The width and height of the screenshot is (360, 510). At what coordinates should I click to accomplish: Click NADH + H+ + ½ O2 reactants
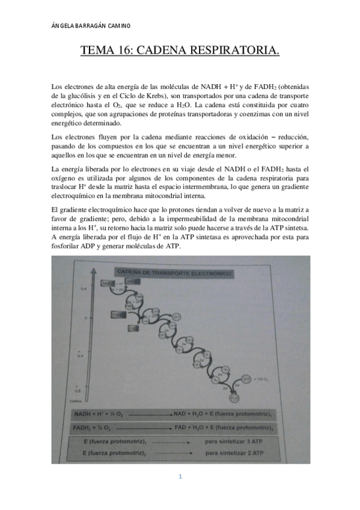(x=100, y=414)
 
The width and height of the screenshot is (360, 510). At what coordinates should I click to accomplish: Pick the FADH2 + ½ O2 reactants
(x=96, y=428)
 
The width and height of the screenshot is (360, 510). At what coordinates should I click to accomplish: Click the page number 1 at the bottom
(x=180, y=477)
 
